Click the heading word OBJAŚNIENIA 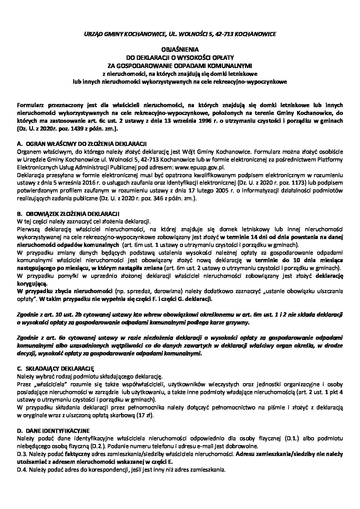tap(180, 49)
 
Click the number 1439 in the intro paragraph tap(72, 130)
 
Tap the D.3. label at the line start tap(22, 454)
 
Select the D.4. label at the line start tap(22, 470)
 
